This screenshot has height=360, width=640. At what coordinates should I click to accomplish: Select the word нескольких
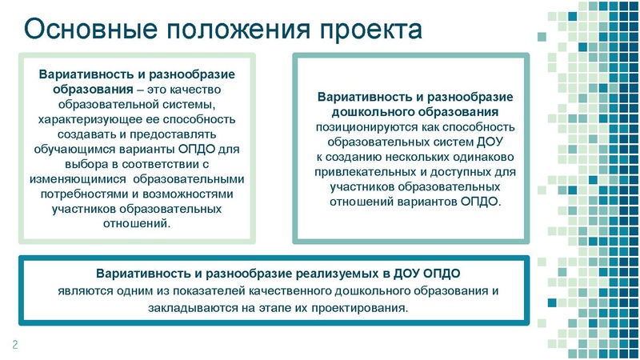[414, 156]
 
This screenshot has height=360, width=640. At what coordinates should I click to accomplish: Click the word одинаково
[486, 156]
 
